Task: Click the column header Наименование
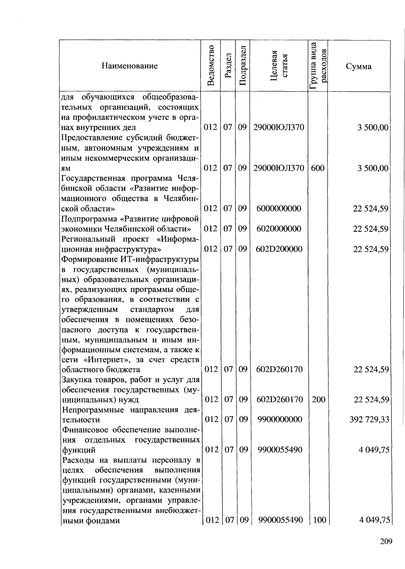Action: click(130, 66)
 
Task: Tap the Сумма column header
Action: click(358, 66)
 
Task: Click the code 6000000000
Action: click(279, 208)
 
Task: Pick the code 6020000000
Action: click(279, 229)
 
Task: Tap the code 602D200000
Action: click(279, 249)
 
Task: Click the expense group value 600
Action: click(318, 168)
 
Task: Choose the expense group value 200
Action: click(318, 400)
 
